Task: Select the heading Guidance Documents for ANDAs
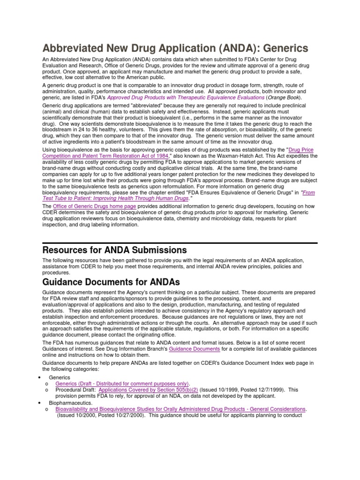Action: coord(112,282)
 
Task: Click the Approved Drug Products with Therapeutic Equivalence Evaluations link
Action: coord(186,97)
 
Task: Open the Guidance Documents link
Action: coord(194,349)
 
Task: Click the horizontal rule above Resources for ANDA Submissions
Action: coord(180,243)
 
